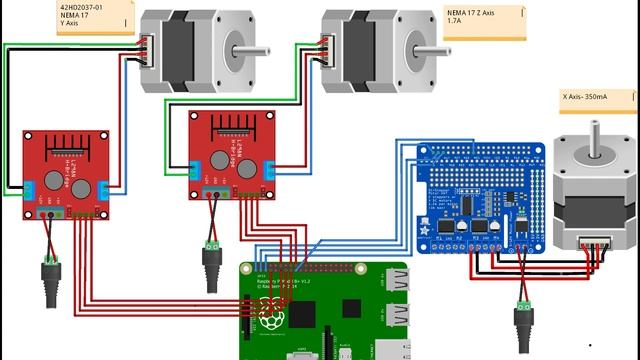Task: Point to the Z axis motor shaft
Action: pyautogui.click(x=429, y=47)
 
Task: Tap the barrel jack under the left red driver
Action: pyautogui.click(x=47, y=270)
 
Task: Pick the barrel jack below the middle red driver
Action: pyautogui.click(x=211, y=262)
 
